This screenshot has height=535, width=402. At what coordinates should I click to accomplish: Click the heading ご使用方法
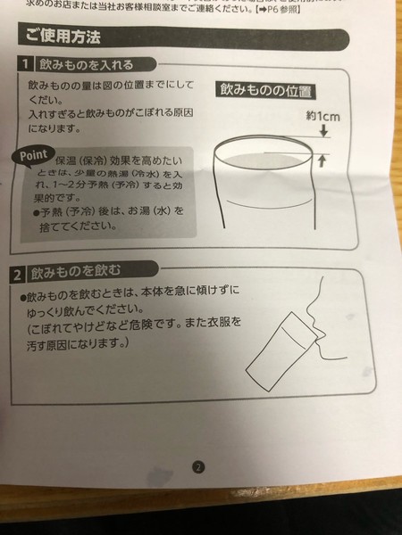click(x=63, y=37)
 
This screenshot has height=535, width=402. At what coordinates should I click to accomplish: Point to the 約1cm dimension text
click(x=323, y=116)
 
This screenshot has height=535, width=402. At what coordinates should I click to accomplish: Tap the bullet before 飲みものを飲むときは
click(x=25, y=292)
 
